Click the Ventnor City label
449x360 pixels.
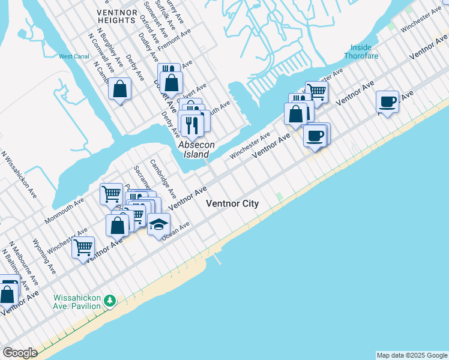point(232,203)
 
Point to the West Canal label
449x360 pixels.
point(73,56)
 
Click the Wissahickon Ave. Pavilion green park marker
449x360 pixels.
point(109,300)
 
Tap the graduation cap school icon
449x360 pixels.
point(158,224)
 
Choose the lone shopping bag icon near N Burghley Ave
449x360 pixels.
point(120,89)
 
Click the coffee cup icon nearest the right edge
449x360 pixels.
point(388,100)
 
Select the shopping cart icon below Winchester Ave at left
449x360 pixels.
point(83,246)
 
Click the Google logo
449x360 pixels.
point(20,353)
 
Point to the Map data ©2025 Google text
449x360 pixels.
point(411,355)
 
